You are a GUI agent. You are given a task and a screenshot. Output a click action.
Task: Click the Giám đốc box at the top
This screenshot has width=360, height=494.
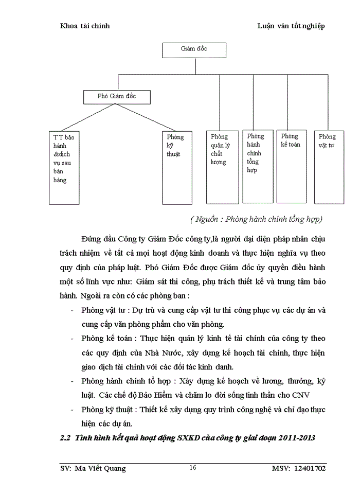click(193, 49)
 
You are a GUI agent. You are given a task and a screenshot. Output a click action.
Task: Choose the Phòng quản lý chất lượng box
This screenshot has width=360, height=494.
click(222, 166)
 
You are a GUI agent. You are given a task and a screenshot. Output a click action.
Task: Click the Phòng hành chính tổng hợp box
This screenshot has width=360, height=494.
click(257, 165)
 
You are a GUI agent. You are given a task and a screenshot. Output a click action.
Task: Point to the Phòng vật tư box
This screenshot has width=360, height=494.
click(329, 166)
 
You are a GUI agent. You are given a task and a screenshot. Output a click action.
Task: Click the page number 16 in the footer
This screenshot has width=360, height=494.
click(192, 468)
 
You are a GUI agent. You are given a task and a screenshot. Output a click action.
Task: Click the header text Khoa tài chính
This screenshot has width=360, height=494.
click(85, 26)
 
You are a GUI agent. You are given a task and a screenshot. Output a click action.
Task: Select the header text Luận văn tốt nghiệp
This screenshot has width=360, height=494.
click(291, 26)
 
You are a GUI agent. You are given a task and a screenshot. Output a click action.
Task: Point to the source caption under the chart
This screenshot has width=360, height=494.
click(256, 219)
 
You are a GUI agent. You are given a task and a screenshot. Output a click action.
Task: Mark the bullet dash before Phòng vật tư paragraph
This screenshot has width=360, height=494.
click(70, 311)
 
